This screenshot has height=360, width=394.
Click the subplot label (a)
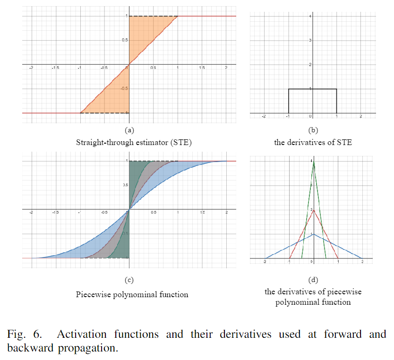click(x=128, y=130)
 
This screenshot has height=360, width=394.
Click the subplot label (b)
click(x=312, y=130)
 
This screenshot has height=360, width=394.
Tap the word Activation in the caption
click(x=81, y=334)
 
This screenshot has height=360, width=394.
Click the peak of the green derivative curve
click(x=313, y=162)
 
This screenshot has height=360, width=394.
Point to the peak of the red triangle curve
click(x=313, y=210)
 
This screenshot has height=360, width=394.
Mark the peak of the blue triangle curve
click(x=313, y=234)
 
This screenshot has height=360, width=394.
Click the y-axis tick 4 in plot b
click(x=309, y=17)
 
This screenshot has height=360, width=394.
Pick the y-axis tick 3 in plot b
click(x=309, y=40)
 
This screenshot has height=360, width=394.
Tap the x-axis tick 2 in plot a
click(x=226, y=68)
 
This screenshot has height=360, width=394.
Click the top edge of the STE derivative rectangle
click(x=313, y=89)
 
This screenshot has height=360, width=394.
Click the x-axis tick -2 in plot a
click(x=32, y=68)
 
